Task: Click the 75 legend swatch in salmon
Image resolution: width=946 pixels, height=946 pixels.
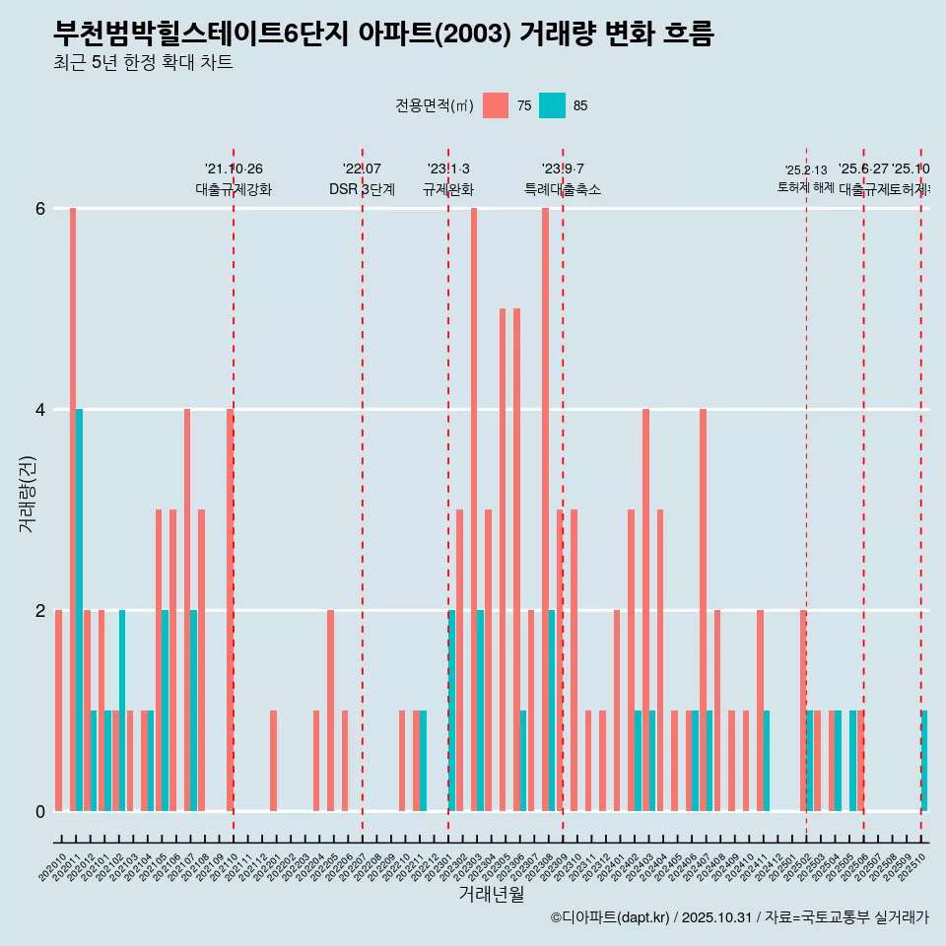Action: [496, 105]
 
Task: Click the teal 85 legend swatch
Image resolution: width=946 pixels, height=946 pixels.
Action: [552, 105]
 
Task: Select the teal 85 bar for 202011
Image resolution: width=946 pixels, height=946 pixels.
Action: [79, 610]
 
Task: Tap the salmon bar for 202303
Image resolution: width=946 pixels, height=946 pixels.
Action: [474, 509]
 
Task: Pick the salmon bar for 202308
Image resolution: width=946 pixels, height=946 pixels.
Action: [545, 509]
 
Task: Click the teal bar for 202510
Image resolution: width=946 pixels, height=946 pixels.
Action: [924, 761]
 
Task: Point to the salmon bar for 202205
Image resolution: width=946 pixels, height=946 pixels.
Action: [331, 710]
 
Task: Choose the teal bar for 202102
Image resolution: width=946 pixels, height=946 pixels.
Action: [122, 710]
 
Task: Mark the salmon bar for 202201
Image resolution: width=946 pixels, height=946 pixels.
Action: [273, 761]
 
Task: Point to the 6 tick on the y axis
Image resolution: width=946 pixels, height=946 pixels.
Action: [40, 209]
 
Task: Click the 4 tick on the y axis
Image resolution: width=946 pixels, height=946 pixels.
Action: [40, 409]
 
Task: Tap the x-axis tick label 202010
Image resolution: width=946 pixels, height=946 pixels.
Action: [54, 867]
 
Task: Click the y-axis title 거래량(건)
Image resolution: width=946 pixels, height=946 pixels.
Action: [27, 493]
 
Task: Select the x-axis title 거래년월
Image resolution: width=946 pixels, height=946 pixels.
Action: [491, 894]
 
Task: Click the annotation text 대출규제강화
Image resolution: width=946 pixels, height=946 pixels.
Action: [234, 189]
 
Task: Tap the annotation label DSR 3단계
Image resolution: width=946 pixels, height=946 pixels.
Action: [362, 189]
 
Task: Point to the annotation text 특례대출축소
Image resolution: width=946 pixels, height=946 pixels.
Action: [563, 189]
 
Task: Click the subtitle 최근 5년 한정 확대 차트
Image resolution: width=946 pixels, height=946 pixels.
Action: [144, 63]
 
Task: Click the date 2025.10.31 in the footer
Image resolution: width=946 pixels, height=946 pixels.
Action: [716, 917]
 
